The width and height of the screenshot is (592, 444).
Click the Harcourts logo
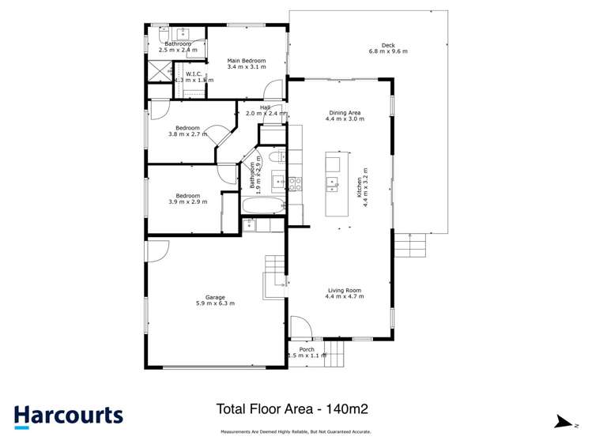(68, 416)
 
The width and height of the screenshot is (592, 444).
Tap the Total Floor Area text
(292, 409)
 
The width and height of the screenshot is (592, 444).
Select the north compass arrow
(563, 423)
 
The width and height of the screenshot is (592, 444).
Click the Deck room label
(387, 48)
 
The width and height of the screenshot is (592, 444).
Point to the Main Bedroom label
(247, 64)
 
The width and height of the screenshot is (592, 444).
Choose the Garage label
(215, 300)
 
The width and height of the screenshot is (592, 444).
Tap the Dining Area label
(346, 116)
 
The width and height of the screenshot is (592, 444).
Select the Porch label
(307, 352)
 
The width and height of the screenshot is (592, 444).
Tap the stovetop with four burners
(295, 184)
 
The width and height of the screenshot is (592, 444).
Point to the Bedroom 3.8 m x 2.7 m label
(187, 131)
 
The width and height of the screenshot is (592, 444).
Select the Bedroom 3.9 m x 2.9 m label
(187, 198)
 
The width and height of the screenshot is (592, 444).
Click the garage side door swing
(156, 251)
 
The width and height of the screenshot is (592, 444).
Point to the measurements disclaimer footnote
(295, 432)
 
